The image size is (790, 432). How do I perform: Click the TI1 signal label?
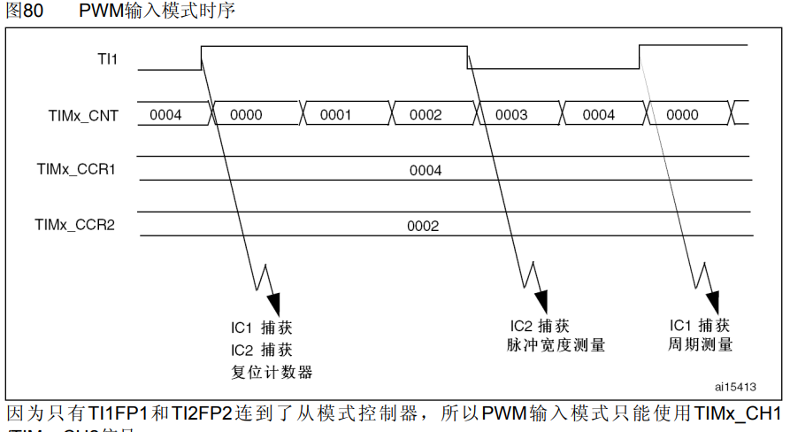[x=108, y=59]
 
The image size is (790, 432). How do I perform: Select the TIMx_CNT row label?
[x=84, y=115]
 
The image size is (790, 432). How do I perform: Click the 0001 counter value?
[x=336, y=115]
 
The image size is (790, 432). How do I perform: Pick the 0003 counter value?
[x=511, y=115]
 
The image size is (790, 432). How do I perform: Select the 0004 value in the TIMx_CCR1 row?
[x=426, y=170]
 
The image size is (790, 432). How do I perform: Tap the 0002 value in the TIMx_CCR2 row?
[x=423, y=226]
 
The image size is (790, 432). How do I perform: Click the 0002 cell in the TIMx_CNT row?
[x=426, y=115]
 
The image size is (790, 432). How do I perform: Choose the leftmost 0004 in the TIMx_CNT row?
[x=166, y=115]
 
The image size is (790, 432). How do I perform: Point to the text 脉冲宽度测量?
[x=556, y=345]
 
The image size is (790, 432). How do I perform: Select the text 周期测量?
[x=700, y=344]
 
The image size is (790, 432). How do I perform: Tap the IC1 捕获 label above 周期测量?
[x=700, y=324]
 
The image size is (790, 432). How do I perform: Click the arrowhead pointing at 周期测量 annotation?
[x=712, y=302]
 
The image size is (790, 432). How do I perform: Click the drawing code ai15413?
[x=736, y=387]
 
